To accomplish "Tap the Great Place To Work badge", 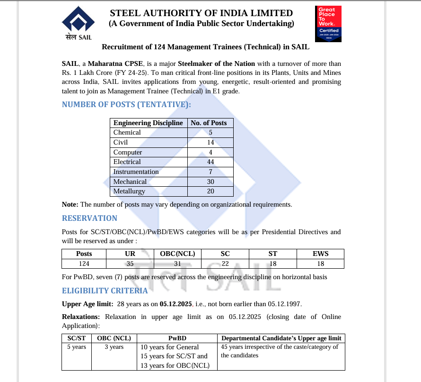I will (328, 24).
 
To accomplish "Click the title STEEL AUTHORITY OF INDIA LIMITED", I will (201, 13).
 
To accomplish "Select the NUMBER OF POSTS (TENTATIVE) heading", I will (126, 105).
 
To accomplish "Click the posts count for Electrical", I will (210, 162).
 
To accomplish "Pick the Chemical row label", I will (127, 132).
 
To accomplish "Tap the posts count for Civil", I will (210, 142).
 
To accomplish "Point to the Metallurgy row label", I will (129, 191).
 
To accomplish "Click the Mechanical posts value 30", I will (210, 182).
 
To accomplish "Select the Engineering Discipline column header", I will (148, 123).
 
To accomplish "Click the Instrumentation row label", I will (136, 172).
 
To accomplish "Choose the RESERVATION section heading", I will (89, 218).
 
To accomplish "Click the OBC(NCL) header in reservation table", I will (177, 254).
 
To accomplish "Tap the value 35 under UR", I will (130, 264).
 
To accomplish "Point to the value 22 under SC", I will (225, 264).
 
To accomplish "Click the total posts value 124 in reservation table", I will (84, 264).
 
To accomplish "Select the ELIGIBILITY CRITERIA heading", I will (105, 291).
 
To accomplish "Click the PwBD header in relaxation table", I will (177, 338).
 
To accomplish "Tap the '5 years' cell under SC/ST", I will (77, 347).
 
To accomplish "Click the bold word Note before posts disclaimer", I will (70, 204).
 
